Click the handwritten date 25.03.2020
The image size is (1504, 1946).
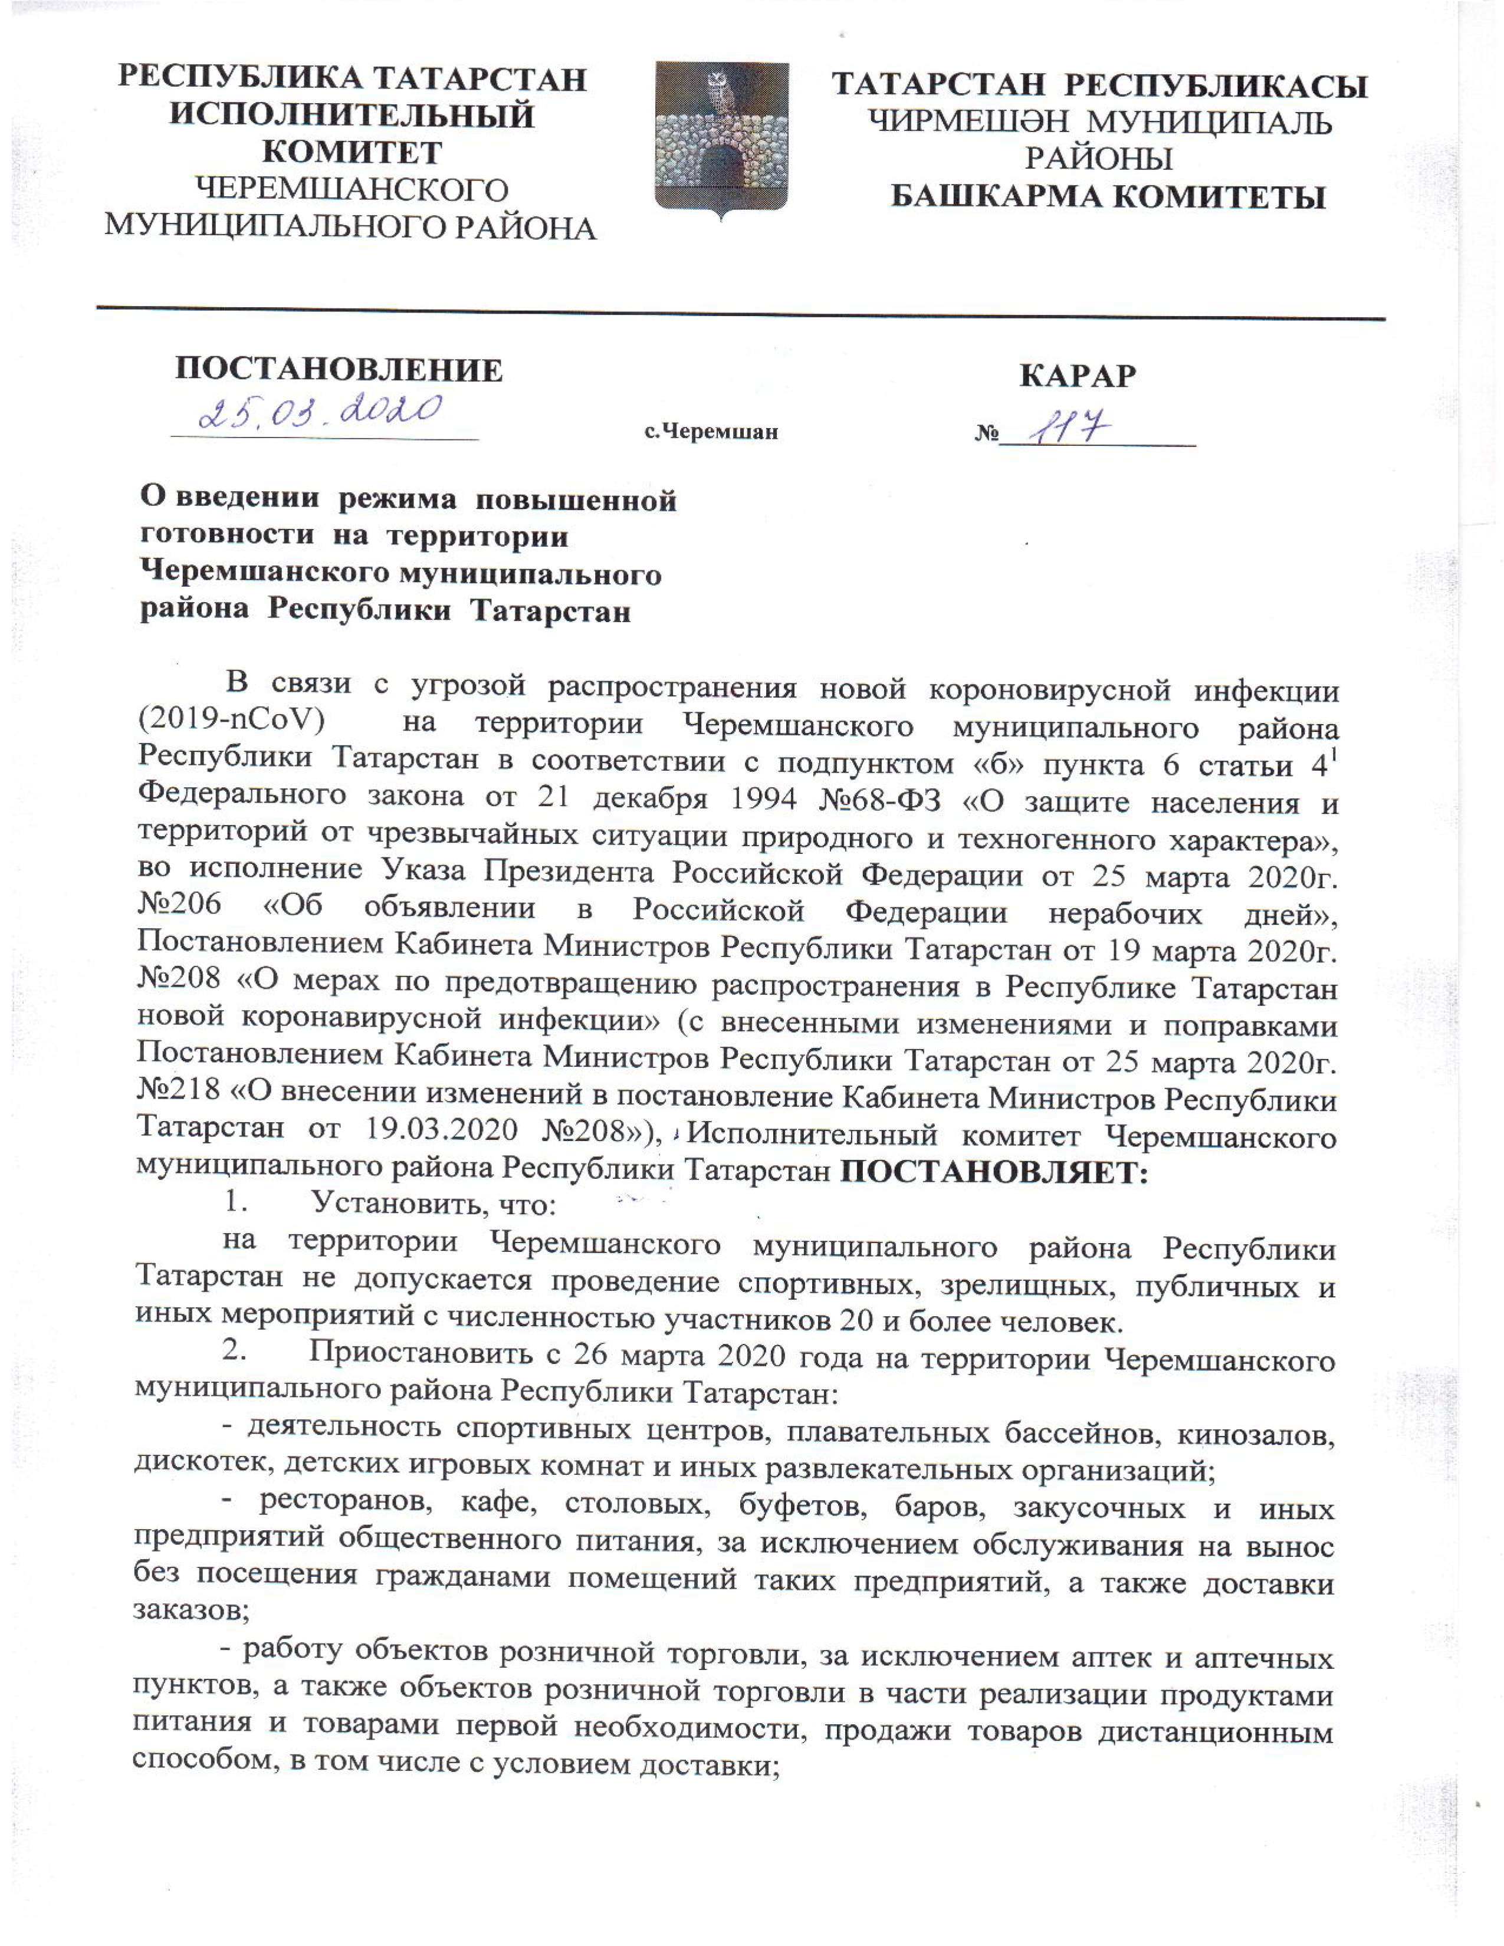pyautogui.click(x=321, y=413)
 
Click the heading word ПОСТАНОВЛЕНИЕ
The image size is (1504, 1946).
pyautogui.click(x=339, y=369)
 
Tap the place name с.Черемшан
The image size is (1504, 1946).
pyautogui.click(x=711, y=432)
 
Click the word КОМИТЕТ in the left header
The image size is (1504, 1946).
pyautogui.click(x=352, y=152)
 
